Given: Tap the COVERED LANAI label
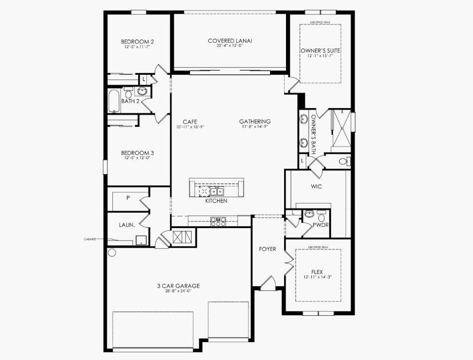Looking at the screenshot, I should tap(230, 41).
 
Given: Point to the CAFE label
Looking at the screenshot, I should tap(190, 122).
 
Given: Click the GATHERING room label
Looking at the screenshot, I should tap(255, 122).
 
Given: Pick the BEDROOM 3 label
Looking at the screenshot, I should tap(137, 153).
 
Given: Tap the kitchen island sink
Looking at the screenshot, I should tap(216, 191).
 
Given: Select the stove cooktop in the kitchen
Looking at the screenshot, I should tap(218, 221).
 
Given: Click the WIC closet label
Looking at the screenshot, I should tap(316, 186).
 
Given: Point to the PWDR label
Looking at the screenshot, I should tap(320, 226).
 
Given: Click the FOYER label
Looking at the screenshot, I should tap(267, 249).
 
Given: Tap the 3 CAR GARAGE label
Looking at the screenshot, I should tap(178, 286).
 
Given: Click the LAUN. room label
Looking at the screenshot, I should tap(127, 225).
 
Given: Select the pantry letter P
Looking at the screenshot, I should tap(127, 197).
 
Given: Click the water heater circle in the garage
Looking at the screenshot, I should tap(111, 252).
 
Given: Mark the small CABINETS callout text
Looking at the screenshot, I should tap(90, 239).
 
